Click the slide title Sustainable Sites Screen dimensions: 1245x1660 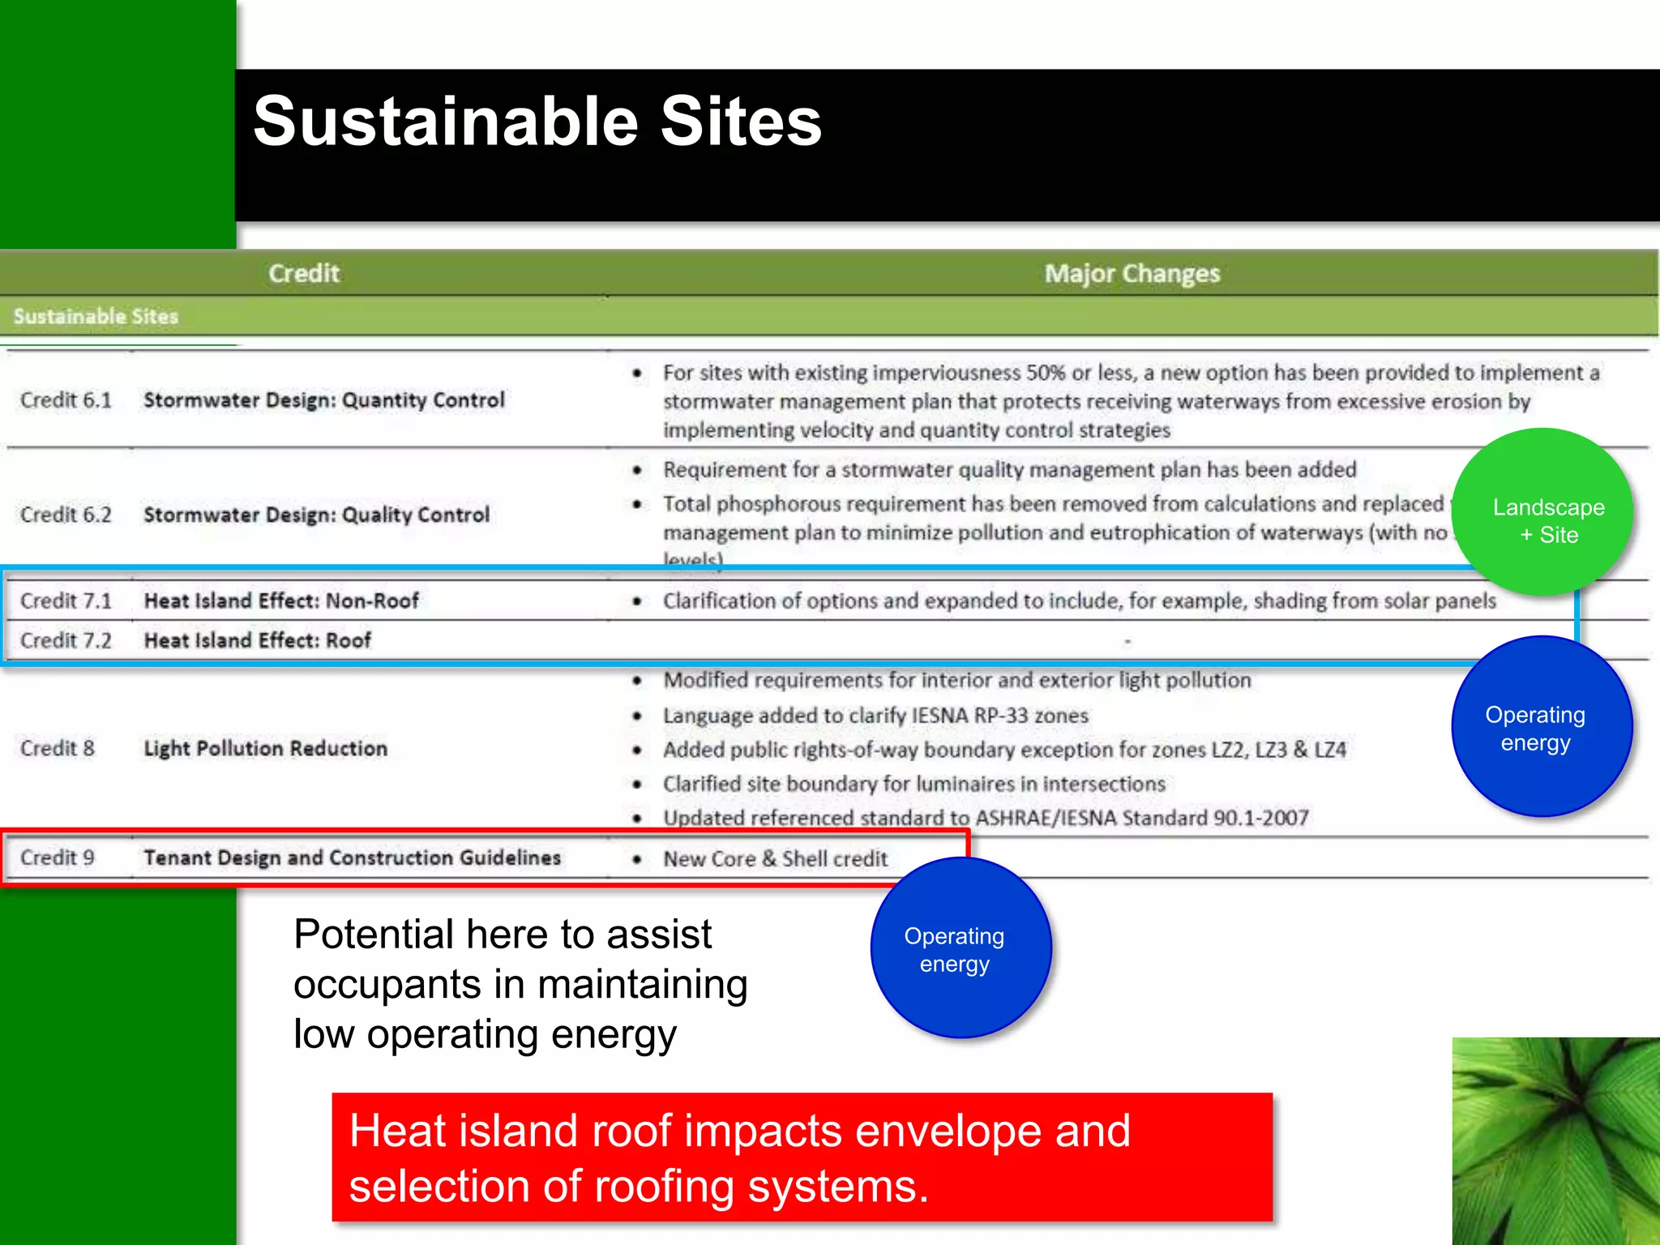(x=537, y=122)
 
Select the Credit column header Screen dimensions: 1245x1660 (x=304, y=274)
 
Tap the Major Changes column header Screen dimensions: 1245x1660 (x=1132, y=274)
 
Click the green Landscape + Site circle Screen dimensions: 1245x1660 (x=1542, y=512)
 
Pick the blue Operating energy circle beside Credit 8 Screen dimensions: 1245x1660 (x=1541, y=727)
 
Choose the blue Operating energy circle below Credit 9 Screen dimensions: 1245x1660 (x=960, y=948)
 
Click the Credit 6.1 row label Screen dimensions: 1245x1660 (x=66, y=400)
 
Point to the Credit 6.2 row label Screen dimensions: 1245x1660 (x=66, y=515)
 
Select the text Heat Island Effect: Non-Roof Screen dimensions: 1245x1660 (x=281, y=601)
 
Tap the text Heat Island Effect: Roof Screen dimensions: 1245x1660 (x=257, y=640)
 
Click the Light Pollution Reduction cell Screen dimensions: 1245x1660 (x=265, y=748)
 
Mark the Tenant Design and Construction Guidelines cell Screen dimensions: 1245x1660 (x=352, y=858)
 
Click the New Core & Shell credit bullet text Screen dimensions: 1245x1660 (x=775, y=859)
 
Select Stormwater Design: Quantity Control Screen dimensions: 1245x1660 (x=323, y=400)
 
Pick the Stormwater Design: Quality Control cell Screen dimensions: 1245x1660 (x=316, y=515)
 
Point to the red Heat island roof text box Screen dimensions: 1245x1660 (x=802, y=1157)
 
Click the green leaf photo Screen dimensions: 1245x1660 (x=1555, y=1140)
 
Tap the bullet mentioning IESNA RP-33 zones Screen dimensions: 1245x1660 (x=875, y=716)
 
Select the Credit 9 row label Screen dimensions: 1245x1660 (x=58, y=858)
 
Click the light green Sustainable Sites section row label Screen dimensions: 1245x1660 (x=96, y=316)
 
